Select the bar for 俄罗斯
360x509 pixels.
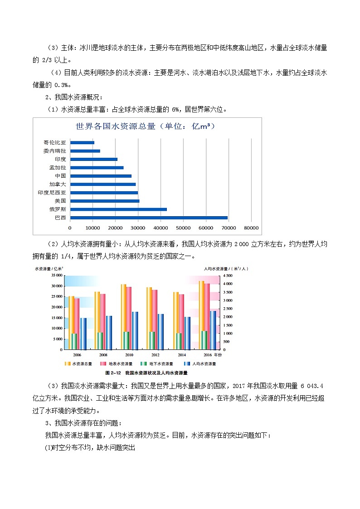pyautogui.click(x=119, y=209)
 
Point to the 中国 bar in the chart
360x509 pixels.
pyautogui.click(x=101, y=176)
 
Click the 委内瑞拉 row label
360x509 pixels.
pyautogui.click(x=55, y=150)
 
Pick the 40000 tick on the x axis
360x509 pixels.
pyautogui.click(x=161, y=228)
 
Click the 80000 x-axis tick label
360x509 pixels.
pyautogui.click(x=252, y=228)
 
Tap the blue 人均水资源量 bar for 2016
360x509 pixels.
pyautogui.click(x=213, y=330)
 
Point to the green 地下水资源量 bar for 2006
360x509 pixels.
pyautogui.click(x=74, y=341)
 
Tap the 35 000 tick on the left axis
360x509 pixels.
pyautogui.click(x=56, y=275)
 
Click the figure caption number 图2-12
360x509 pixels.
pyautogui.click(x=112, y=373)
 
